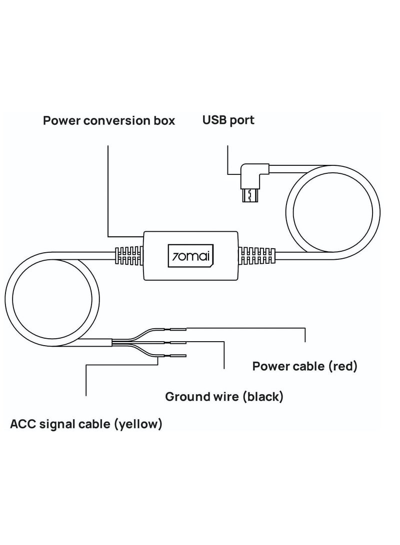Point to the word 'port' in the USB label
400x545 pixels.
[242, 121]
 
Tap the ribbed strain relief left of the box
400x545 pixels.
[129, 256]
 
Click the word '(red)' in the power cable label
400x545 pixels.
[342, 367]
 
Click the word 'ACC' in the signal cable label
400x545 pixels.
[22, 425]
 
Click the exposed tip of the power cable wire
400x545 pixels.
[178, 329]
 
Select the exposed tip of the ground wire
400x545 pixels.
[178, 342]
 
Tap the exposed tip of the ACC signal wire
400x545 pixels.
[178, 356]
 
